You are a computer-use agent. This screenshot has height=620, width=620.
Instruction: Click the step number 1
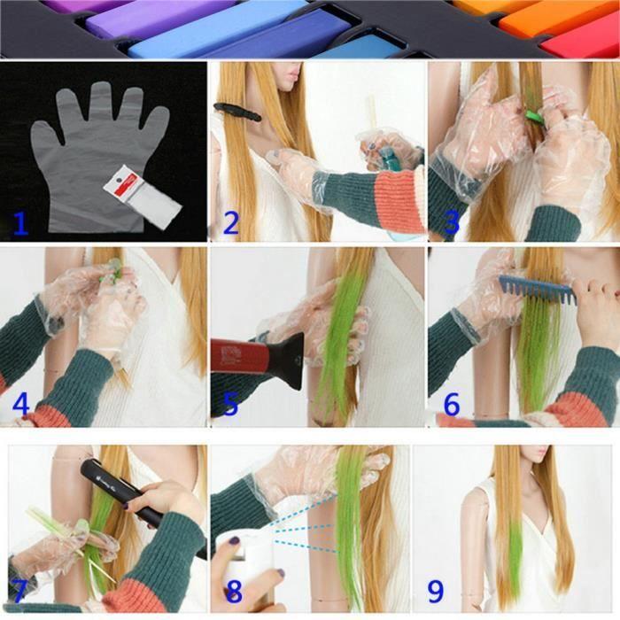[19, 221]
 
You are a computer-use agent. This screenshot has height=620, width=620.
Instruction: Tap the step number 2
[230, 222]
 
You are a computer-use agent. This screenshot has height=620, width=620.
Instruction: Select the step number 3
[452, 222]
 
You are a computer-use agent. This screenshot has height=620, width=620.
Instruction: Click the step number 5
[230, 404]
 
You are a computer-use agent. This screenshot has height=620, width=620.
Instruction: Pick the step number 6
[452, 404]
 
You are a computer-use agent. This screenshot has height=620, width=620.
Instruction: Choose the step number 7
[19, 589]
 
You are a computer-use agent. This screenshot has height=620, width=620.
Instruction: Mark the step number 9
[437, 589]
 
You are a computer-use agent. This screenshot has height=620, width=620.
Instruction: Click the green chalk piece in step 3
[533, 115]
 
